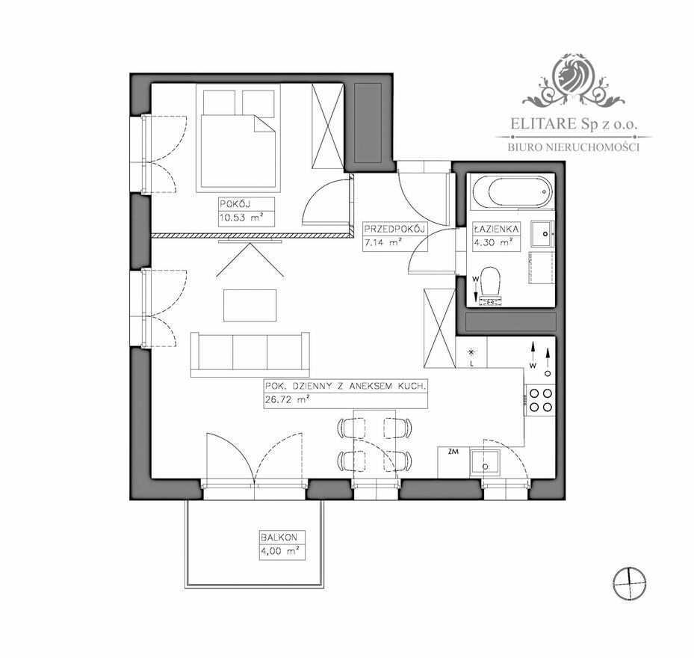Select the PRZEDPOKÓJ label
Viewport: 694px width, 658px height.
pos(394,229)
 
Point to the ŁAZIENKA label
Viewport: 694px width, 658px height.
pos(496,229)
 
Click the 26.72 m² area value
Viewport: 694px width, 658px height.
pos(287,399)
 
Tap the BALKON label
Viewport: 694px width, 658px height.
pos(279,538)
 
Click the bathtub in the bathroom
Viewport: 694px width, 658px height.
pos(512,192)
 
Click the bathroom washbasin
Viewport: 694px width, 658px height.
pos(542,234)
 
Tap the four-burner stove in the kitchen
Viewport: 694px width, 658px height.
pos(540,400)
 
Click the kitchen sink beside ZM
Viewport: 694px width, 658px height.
pos(485,463)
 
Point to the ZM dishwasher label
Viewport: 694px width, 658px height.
pos(453,452)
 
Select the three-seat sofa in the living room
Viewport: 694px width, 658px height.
pos(250,354)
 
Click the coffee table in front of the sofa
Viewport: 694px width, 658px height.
pos(250,305)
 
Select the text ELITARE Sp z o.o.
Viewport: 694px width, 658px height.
pos(574,123)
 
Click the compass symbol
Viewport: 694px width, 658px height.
pos(630,583)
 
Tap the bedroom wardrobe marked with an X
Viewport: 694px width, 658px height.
pos(327,126)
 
